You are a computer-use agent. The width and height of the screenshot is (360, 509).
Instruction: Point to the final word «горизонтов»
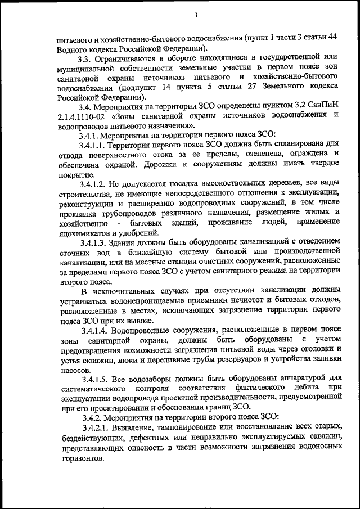pos(80,459)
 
